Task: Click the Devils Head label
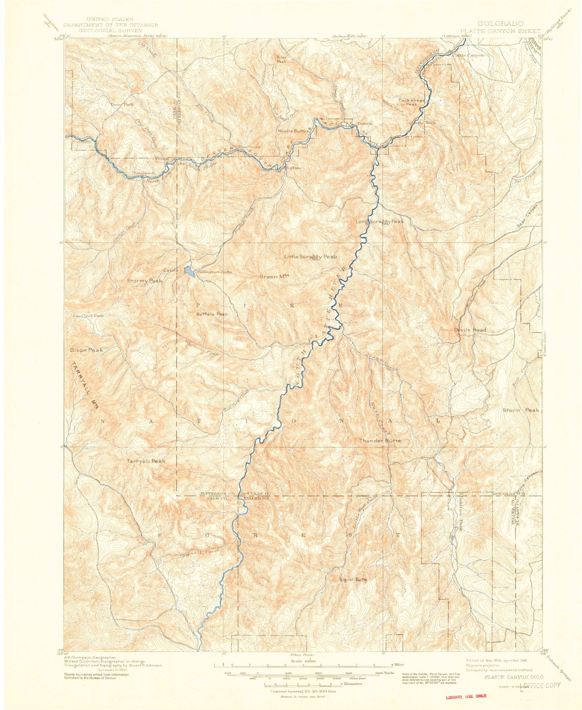tap(469, 330)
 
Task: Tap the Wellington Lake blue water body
tap(189, 271)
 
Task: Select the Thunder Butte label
tap(379, 441)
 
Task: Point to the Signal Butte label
tap(352, 579)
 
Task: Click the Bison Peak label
tap(87, 350)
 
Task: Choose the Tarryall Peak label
tap(146, 461)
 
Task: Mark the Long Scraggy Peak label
tap(380, 222)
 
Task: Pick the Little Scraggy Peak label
tap(310, 257)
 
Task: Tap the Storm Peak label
tap(521, 410)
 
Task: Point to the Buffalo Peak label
tap(211, 314)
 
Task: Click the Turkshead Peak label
tap(411, 102)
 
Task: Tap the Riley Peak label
tap(281, 59)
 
